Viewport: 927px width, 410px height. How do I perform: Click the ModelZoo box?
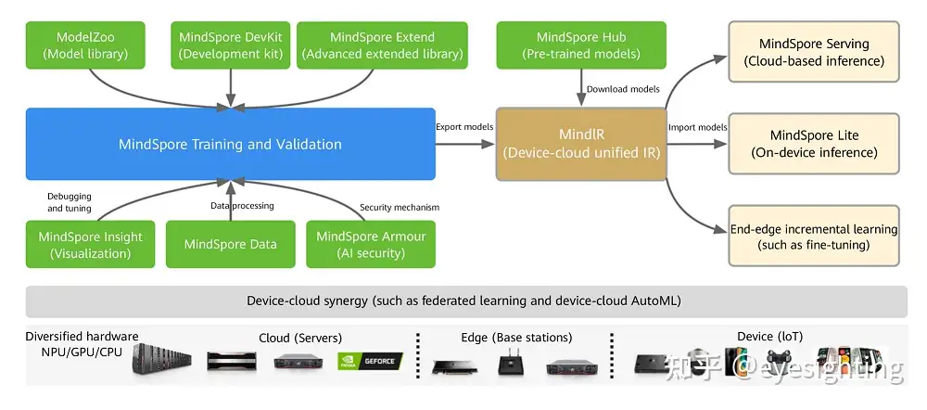(85, 45)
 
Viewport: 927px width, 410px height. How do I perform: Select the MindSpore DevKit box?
(231, 45)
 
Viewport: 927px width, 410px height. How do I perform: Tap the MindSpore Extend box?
(382, 45)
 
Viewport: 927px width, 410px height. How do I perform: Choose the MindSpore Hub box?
(581, 45)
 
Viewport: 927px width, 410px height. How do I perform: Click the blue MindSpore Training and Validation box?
(231, 144)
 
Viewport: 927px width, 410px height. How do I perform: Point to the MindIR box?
(581, 144)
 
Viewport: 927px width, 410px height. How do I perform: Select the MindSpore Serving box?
(814, 51)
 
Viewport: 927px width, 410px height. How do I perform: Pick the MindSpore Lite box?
(814, 144)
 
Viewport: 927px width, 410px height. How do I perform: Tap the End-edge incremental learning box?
(814, 236)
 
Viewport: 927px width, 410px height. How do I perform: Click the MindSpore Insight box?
(90, 244)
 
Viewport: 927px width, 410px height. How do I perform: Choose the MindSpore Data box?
(231, 244)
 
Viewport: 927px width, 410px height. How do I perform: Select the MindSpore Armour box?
(371, 244)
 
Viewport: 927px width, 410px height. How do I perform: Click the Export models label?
(464, 126)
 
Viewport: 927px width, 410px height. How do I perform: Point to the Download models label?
(623, 89)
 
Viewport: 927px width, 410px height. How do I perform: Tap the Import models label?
(698, 127)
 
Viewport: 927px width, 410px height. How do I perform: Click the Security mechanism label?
(400, 207)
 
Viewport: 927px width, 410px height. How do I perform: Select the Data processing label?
(242, 205)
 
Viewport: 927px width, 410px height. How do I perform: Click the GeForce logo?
(370, 362)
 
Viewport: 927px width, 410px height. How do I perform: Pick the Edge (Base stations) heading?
(516, 338)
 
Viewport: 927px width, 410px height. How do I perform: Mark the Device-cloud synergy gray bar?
(466, 301)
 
